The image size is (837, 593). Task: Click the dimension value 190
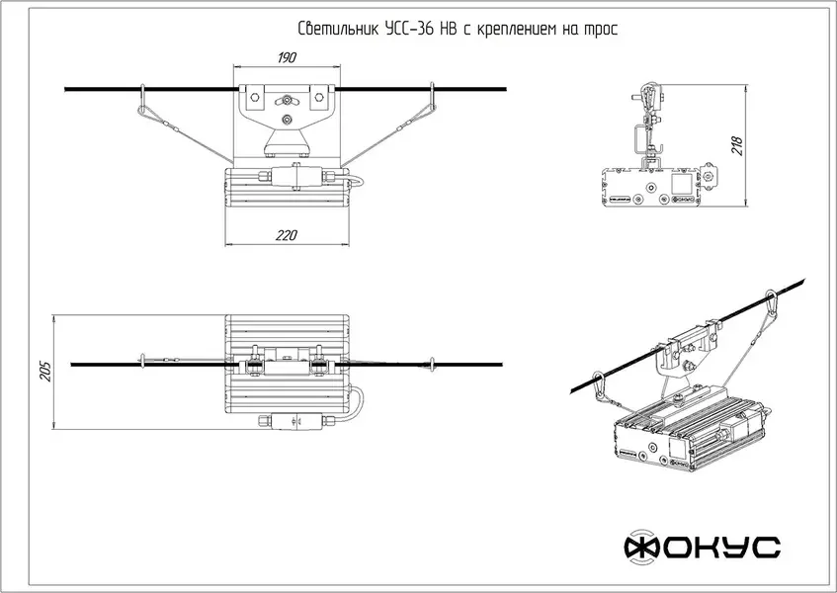coord(286,58)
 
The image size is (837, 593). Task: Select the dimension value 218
coord(736,147)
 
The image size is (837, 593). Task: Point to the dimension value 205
coord(45,371)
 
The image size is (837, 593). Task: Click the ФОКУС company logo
coord(702,546)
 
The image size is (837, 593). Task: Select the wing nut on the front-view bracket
coord(287,99)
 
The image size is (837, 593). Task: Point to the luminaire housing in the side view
coord(652,188)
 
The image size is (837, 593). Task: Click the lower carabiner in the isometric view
coord(599,384)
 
